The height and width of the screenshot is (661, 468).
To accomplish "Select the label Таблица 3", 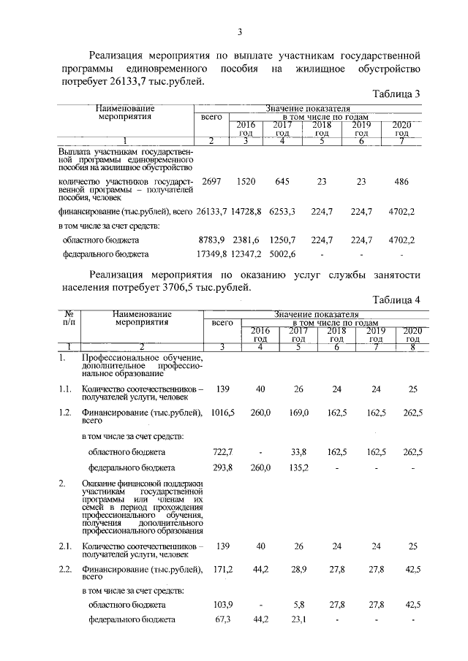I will (396, 94).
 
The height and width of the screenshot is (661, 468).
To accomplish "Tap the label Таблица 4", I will (396, 299).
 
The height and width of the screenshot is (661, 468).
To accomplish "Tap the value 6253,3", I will (283, 212).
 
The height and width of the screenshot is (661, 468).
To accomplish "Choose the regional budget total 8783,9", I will (213, 240).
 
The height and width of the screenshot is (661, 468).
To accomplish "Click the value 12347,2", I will (250, 254).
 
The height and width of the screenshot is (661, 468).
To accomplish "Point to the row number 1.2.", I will (65, 413).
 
